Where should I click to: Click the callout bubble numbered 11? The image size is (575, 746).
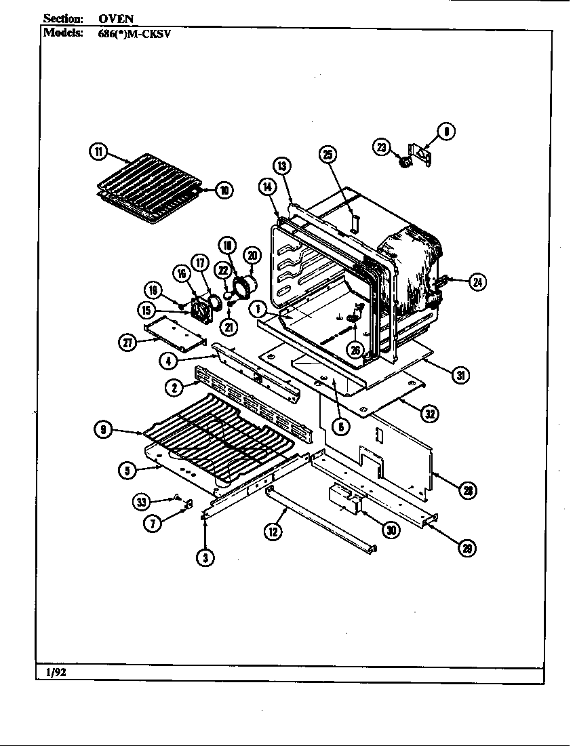99,152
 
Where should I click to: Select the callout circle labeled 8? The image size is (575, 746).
447,132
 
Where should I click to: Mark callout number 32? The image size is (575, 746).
429,414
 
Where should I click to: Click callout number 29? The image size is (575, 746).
467,548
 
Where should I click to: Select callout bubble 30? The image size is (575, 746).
391,530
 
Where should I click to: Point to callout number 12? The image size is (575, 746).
274,532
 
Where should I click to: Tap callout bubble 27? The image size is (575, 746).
128,342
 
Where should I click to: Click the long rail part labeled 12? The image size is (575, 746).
319,519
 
